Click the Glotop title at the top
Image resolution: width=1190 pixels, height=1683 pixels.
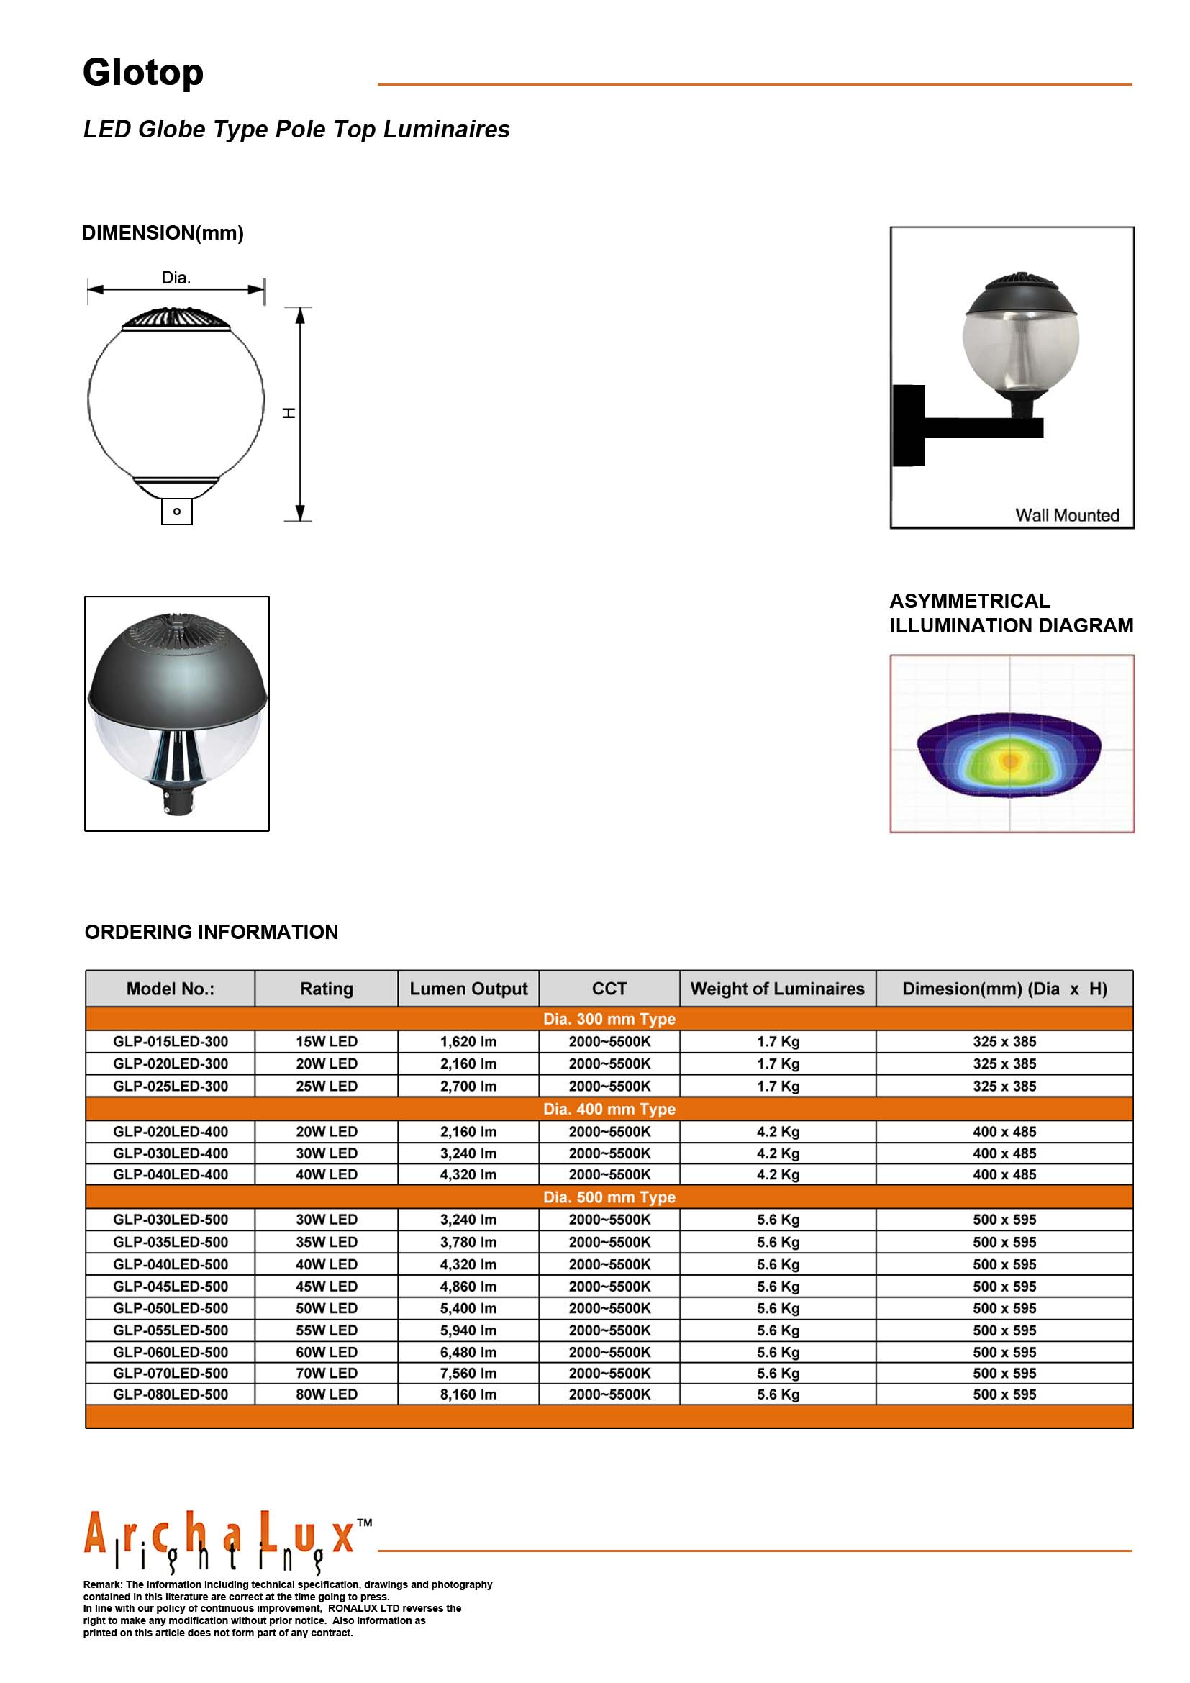point(143,73)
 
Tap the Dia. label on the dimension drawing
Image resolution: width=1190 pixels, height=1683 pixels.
point(176,278)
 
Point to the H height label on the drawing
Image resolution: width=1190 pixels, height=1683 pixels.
point(289,414)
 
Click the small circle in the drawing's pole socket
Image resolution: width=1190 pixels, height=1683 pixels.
point(176,511)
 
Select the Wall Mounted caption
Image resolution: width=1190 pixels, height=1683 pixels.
point(1066,515)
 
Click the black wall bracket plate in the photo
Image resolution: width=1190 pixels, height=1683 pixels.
point(909,426)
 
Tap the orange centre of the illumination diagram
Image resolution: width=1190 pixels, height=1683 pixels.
point(1010,761)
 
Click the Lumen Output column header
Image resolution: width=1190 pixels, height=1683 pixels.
point(468,989)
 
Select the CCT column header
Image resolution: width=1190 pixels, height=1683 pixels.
point(609,989)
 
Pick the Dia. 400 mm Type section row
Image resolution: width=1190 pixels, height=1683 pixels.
point(609,1109)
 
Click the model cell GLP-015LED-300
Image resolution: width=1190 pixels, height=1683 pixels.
point(170,1042)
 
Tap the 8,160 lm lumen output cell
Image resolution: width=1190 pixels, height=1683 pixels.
point(468,1394)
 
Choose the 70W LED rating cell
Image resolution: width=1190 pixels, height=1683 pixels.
point(326,1373)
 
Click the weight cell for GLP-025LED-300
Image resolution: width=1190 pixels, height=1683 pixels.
point(778,1087)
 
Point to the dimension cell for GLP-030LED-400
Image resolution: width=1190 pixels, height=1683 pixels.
point(1004,1153)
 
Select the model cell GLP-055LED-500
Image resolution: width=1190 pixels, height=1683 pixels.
point(170,1330)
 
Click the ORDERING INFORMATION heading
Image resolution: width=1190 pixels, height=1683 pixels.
point(211,933)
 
